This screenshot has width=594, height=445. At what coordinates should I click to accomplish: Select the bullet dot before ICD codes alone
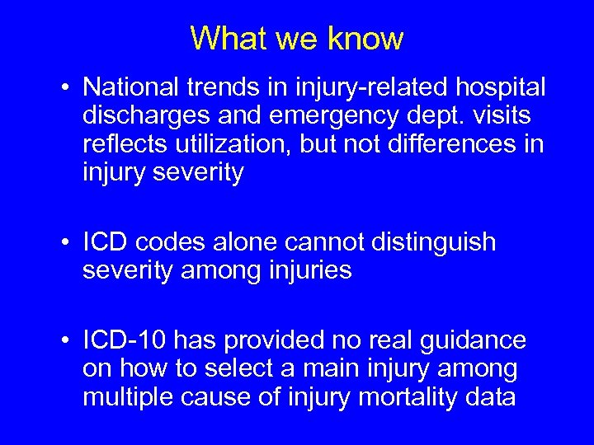(64, 242)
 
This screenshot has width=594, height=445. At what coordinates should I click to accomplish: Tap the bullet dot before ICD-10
(64, 340)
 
